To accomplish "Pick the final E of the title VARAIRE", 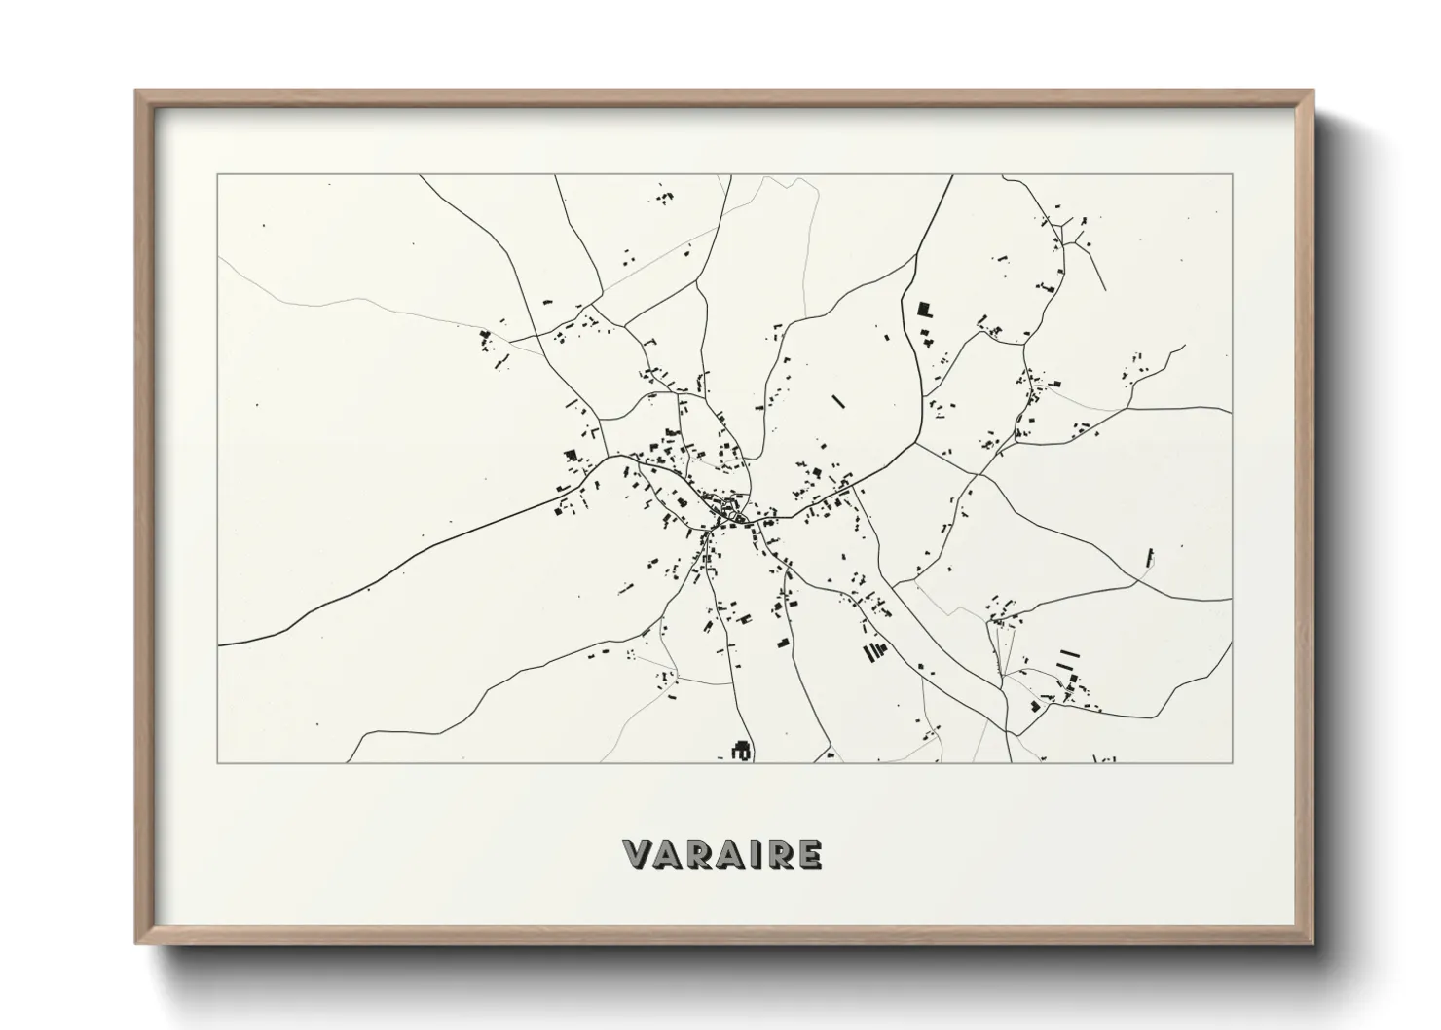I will [x=807, y=855].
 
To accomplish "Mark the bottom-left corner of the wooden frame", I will [x=137, y=943].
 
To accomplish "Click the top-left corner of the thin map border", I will [x=218, y=175].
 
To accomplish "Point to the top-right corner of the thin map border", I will [x=1232, y=175].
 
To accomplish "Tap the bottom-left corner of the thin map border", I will [x=218, y=762].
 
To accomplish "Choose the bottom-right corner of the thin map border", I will [x=1232, y=762].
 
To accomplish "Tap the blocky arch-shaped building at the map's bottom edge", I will [x=741, y=750].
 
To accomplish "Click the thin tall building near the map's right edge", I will [x=1152, y=557].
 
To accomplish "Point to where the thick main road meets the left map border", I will [x=220, y=644].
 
